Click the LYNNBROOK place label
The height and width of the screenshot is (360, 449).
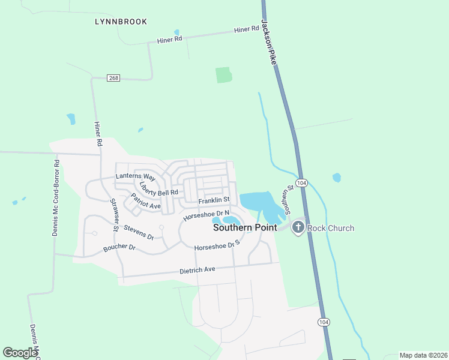tap(121, 22)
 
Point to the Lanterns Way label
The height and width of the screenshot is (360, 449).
tap(136, 178)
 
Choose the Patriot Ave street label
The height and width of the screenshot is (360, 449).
tap(146, 201)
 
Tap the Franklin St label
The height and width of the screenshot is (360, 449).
tap(214, 200)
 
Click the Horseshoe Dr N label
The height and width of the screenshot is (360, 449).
tap(207, 214)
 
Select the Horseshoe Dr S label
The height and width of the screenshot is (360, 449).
tap(217, 245)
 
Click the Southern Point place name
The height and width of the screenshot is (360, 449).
tap(246, 228)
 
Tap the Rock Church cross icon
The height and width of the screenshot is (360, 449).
tap(297, 227)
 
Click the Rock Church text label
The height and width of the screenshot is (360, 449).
tap(330, 228)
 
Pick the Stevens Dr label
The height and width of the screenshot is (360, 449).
tap(139, 232)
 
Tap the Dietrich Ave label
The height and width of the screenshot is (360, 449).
tap(197, 270)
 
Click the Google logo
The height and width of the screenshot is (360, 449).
tap(20, 353)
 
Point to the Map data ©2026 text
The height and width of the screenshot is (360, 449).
tap(423, 355)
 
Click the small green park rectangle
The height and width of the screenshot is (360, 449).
tap(223, 74)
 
